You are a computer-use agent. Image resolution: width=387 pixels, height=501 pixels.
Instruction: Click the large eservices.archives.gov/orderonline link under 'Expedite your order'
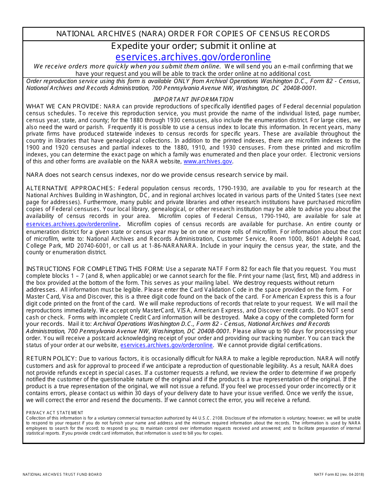click(193, 57)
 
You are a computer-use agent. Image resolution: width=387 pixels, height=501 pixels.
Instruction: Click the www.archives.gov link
click(208, 161)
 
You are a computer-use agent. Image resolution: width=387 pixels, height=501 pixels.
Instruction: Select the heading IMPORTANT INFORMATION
click(193, 99)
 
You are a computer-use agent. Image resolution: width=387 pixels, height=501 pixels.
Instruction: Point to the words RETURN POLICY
click(51, 358)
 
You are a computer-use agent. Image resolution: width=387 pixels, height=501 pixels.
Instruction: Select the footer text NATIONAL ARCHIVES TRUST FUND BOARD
click(62, 475)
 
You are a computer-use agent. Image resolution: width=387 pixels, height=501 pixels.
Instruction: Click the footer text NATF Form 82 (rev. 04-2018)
click(339, 475)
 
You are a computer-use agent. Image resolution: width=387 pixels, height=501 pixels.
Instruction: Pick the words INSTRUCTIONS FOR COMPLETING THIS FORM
click(95, 269)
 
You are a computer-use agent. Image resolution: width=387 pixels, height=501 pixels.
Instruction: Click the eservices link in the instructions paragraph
click(166, 345)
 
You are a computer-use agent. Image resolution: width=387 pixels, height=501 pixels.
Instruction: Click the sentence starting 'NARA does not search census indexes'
click(157, 175)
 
